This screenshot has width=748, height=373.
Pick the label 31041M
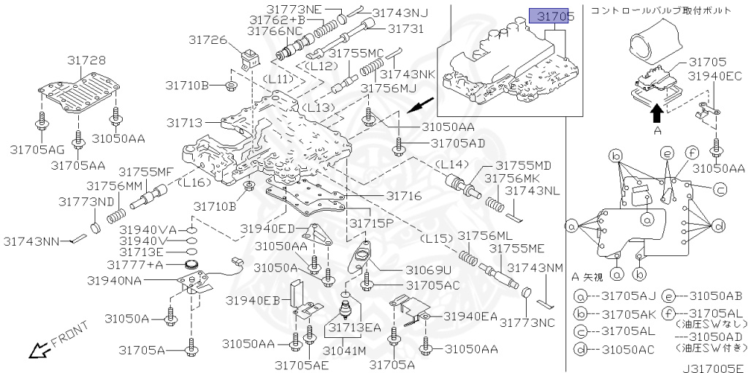[x=344, y=350]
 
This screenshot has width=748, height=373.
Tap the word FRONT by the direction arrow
[x=70, y=334]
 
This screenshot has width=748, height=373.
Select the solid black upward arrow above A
[x=657, y=111]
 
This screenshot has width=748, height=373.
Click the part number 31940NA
[x=115, y=281]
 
